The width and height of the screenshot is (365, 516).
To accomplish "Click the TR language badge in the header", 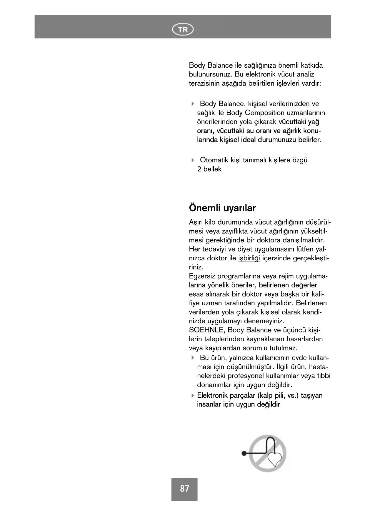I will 183,29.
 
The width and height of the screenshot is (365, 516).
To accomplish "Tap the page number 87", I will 184,489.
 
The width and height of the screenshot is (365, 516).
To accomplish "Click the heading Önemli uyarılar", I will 222,208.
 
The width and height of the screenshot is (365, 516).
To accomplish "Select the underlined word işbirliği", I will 249,258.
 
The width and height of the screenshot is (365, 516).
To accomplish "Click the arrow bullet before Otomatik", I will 193,160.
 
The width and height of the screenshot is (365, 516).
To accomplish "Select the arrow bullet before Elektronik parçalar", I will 193,395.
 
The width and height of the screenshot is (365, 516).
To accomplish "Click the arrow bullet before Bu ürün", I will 193,358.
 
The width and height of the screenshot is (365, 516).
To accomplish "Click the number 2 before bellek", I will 199,169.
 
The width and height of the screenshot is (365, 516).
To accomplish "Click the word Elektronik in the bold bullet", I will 211,395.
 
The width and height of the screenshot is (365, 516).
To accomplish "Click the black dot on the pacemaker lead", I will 244,453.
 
